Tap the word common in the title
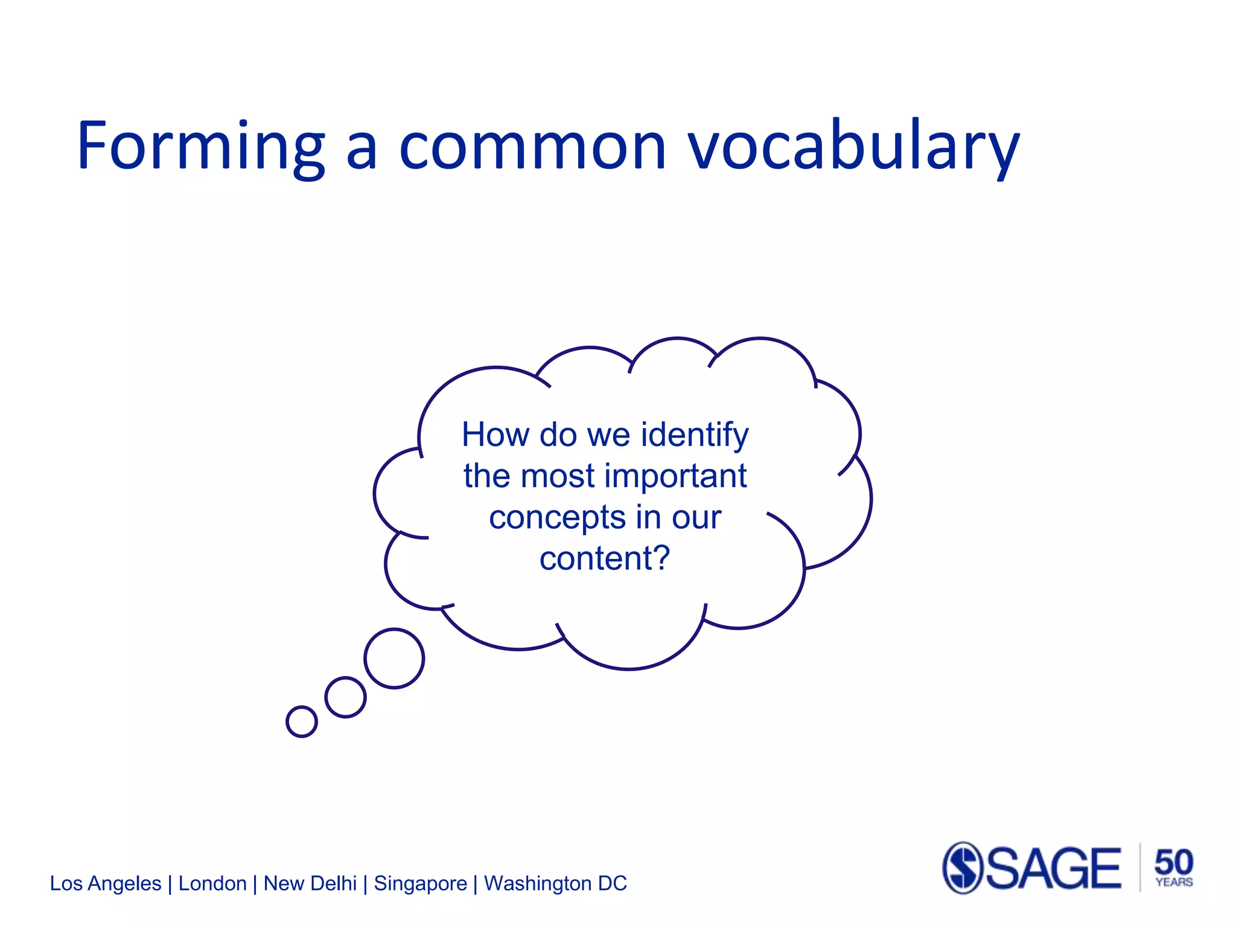tap(532, 147)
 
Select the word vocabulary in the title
tap(854, 147)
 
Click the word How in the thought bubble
tap(495, 435)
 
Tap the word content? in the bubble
tap(605, 558)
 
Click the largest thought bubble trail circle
tap(394, 658)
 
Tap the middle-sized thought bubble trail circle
tap(345, 697)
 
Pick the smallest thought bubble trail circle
tap(302, 721)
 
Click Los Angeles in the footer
tap(106, 884)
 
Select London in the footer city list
tap(212, 884)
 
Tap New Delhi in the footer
tap(310, 884)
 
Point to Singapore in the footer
tap(421, 884)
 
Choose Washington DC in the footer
tap(555, 884)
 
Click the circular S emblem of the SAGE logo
tap(963, 868)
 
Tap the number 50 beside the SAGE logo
tap(1174, 862)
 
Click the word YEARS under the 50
tap(1174, 882)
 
